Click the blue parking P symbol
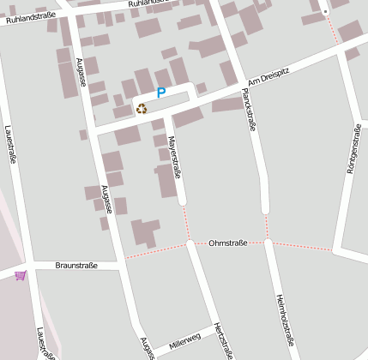[x=160, y=93]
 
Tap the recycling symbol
[x=142, y=108]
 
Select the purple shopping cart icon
[x=21, y=275]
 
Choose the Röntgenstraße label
[x=353, y=149]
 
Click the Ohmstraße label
[x=227, y=243]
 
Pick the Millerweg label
[x=184, y=339]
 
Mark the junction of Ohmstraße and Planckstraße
[x=268, y=243]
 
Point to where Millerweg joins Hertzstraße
[x=211, y=330]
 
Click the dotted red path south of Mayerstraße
[x=186, y=223]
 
